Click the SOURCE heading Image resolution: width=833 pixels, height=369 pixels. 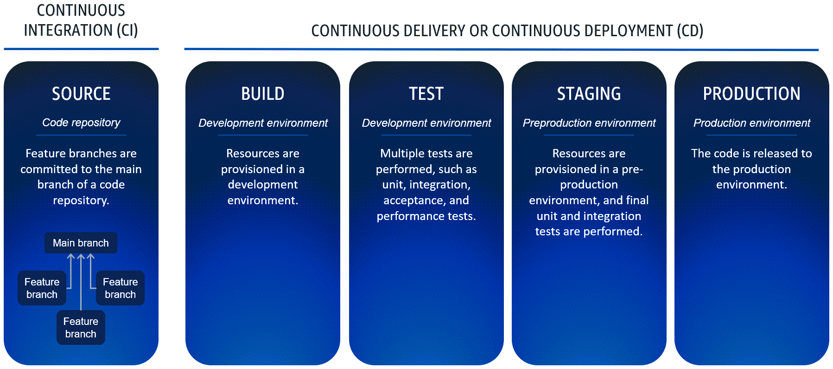(81, 94)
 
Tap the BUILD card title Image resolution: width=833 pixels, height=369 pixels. (262, 94)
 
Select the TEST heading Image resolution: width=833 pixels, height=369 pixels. (426, 94)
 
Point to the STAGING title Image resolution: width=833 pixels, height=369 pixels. (589, 94)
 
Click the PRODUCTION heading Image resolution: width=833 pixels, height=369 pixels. (751, 94)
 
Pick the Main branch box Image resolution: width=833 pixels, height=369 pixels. (81, 243)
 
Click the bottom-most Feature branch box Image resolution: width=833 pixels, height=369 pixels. (81, 328)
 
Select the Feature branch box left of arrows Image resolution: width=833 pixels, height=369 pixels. (42, 288)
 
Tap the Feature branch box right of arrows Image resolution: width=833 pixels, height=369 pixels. (120, 288)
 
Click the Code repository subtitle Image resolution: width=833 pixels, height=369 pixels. (81, 123)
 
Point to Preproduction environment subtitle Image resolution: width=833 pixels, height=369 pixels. (589, 123)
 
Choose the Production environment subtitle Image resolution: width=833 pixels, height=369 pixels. (751, 123)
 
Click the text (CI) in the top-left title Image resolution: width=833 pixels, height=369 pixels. (127, 31)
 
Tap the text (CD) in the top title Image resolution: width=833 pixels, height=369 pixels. (690, 31)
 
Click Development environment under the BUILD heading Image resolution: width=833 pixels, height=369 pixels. (263, 123)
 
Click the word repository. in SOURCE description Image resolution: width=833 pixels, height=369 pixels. (81, 201)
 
